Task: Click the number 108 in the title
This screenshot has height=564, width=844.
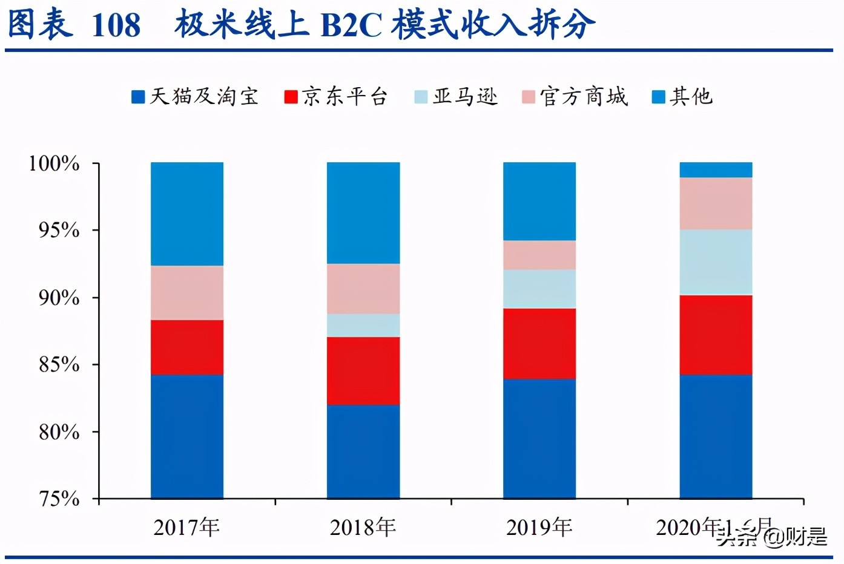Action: [x=116, y=25]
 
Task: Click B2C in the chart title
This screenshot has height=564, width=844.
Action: [x=351, y=25]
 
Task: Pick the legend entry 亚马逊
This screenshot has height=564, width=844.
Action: [x=457, y=97]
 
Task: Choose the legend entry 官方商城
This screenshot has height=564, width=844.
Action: [x=576, y=97]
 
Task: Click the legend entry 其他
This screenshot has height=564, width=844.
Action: [x=683, y=97]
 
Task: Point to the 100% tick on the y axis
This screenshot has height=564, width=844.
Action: [x=54, y=163]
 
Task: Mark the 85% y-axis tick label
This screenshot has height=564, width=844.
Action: [x=59, y=364]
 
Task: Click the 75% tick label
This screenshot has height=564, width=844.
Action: [x=59, y=499]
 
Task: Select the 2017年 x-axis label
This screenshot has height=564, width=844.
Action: [x=186, y=528]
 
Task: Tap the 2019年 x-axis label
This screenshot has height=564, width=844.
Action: [x=539, y=528]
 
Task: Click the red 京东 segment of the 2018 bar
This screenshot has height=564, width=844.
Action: [x=363, y=370]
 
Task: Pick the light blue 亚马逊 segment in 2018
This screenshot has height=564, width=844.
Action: [x=363, y=325]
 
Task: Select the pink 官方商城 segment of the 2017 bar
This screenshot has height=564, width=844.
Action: [x=187, y=293]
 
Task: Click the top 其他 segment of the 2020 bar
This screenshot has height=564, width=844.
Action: [x=716, y=170]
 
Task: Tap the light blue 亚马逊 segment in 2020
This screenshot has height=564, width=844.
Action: [x=716, y=261]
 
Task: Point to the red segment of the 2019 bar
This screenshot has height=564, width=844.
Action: [x=539, y=343]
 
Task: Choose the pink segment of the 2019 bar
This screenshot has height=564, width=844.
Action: [x=539, y=255]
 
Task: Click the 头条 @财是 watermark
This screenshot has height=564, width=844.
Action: [x=772, y=536]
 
